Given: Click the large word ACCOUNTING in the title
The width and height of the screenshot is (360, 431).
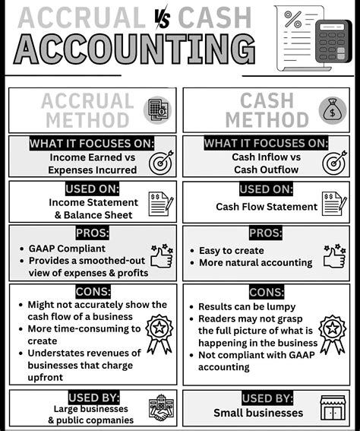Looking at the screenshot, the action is pos(134,50).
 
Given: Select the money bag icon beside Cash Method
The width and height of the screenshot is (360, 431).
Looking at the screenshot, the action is pos(333,109).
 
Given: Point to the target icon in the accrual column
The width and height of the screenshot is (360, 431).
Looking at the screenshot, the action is pos(160,161).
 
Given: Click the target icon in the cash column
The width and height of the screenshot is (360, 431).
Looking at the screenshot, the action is pos(334,161).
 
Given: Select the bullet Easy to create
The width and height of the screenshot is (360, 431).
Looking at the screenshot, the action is pos(231,250).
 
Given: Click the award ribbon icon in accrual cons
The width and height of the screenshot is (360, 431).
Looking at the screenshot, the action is pos(159,334).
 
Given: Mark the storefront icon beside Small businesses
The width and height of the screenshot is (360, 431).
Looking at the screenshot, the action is pos(333,408).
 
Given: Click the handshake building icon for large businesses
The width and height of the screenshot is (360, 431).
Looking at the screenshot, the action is pos(160,408).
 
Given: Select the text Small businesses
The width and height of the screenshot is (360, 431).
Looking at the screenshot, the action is pos(258,414).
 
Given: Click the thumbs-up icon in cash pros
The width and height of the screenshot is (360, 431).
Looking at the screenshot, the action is pos(333,257).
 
